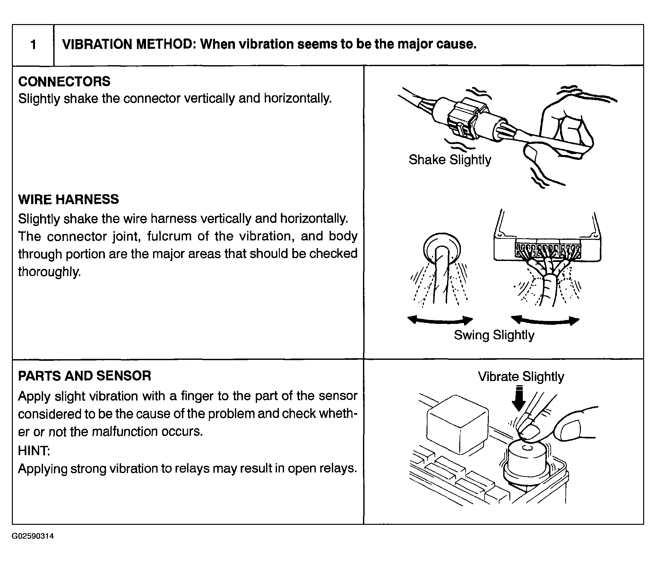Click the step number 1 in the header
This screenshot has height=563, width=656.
(33, 45)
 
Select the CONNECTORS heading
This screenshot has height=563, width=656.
(64, 82)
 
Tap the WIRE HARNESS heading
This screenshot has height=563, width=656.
(68, 199)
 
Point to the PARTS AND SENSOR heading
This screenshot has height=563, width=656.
(84, 376)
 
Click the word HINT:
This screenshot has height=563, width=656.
(34, 451)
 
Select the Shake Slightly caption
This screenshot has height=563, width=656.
(450, 160)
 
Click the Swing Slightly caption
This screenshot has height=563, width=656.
(494, 335)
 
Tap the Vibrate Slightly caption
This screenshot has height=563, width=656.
(521, 377)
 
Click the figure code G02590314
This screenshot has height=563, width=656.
(33, 536)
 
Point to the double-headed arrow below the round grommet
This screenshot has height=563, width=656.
(440, 320)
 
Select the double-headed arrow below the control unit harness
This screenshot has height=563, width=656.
(545, 320)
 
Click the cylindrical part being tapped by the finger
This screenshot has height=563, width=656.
(526, 459)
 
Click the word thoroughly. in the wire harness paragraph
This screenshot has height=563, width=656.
(49, 272)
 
